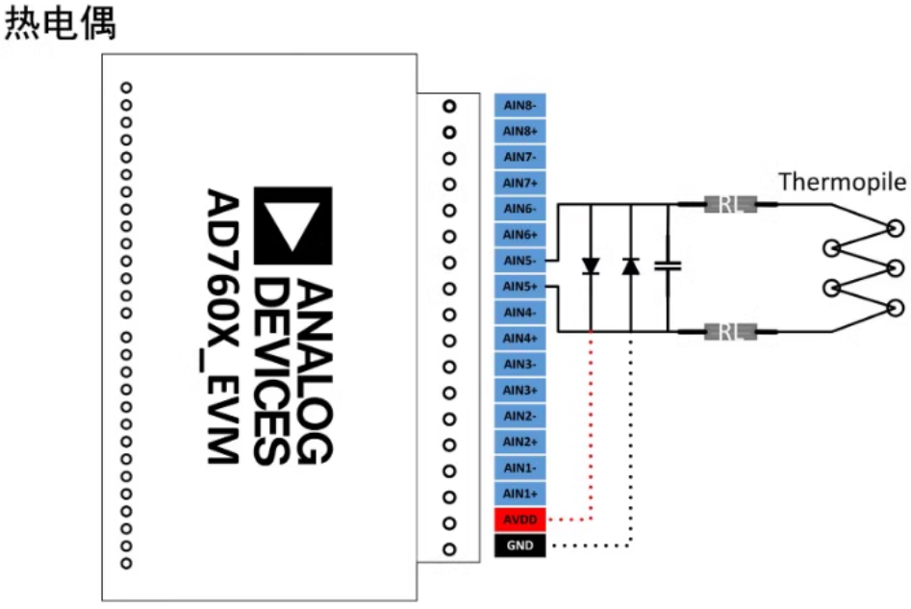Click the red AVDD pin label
coord(520,520)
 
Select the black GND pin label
coord(520,546)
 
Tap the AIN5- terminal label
coord(520,261)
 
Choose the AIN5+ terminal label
coord(520,287)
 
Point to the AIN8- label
coord(520,105)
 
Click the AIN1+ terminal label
coord(520,494)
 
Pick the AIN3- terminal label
coord(520,365)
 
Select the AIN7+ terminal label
coord(520,183)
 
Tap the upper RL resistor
coord(730,204)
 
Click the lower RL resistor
coord(730,332)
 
